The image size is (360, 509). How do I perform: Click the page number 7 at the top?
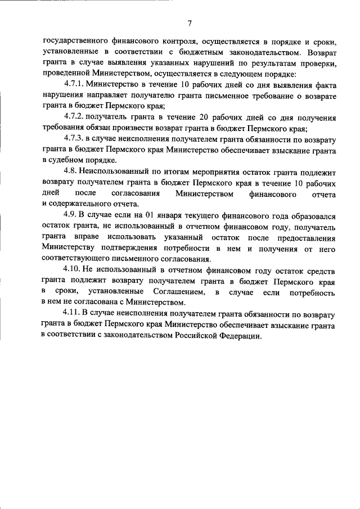pos(190,23)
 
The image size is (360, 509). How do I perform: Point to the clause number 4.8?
pos(71,173)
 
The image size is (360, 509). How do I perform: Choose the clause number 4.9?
pos(71,216)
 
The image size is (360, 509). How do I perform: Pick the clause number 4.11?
pos(73,314)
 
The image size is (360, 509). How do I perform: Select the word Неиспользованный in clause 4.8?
pos(114,173)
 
